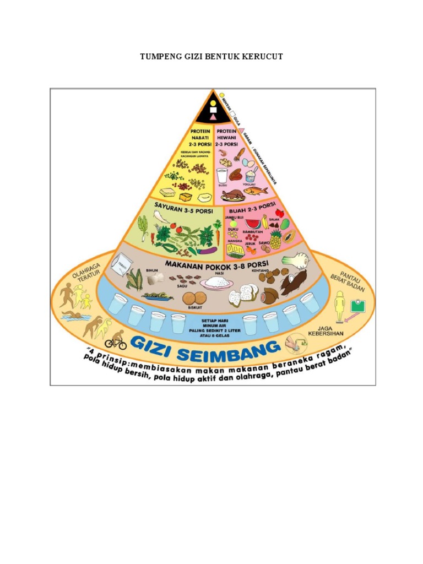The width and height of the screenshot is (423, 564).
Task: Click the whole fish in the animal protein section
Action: pos(256,191)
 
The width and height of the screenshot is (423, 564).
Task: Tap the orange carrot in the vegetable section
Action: pos(217,236)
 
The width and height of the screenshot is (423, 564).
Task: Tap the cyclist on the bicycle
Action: pos(116,340)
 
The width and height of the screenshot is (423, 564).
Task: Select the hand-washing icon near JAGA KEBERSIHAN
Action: pos(292,345)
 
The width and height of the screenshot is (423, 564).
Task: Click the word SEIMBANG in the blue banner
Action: pos(224,349)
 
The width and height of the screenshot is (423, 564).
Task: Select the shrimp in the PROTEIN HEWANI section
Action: pos(223,154)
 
